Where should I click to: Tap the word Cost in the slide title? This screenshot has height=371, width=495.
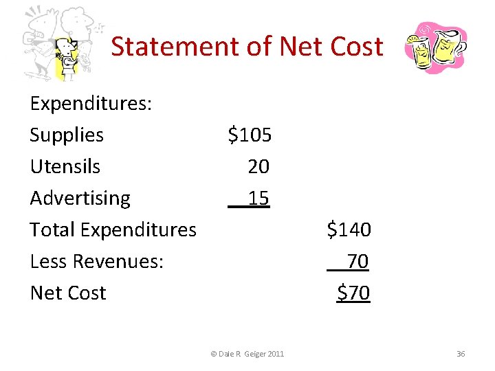355,47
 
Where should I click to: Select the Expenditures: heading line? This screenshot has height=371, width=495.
91,104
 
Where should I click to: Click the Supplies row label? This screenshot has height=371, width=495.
67,135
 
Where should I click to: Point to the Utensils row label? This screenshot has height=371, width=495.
65,167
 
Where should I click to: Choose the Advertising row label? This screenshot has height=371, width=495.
80,199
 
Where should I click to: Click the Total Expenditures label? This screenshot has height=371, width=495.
113,229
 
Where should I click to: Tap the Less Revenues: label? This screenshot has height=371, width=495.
97,261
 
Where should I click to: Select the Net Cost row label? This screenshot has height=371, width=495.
68,293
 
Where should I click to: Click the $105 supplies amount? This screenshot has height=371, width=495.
250,135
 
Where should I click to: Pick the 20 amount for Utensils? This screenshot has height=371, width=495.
258,167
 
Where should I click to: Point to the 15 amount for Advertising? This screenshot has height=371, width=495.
258,199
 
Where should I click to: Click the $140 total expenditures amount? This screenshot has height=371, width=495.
349,229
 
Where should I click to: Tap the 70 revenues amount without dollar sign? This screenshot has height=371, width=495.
357,261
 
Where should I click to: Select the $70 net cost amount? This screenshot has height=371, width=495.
353,293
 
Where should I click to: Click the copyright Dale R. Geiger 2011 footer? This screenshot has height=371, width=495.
247,354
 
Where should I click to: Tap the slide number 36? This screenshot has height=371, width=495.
461,354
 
